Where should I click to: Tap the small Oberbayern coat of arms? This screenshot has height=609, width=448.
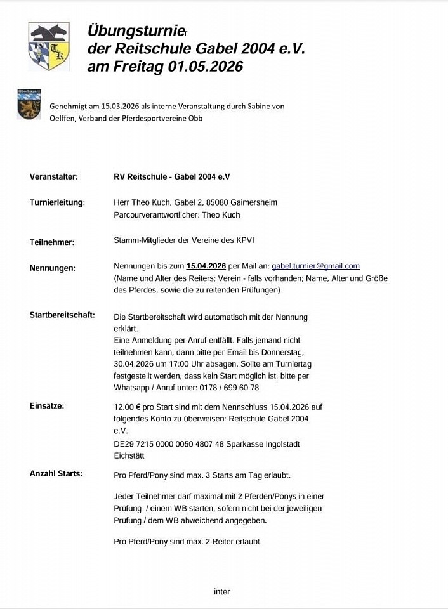[x=29, y=105]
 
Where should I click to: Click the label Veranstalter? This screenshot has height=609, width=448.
[x=54, y=176]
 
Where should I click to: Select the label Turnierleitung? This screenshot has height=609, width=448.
[x=57, y=203]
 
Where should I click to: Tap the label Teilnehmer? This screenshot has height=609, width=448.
[x=52, y=242]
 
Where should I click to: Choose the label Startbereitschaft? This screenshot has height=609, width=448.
[x=62, y=315]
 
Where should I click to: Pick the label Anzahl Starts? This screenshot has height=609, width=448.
[x=56, y=473]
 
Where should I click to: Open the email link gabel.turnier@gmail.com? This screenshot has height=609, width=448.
[x=315, y=266]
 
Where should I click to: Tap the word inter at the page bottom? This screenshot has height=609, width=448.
[x=222, y=591]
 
